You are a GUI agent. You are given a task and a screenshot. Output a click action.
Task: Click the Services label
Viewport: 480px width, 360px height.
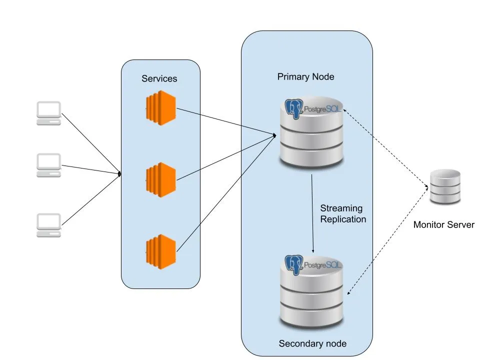pyautogui.click(x=159, y=78)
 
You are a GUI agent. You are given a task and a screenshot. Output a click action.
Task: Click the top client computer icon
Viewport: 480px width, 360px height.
pyautogui.click(x=48, y=113)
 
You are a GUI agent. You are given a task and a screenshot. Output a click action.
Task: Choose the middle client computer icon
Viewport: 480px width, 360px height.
pyautogui.click(x=48, y=165)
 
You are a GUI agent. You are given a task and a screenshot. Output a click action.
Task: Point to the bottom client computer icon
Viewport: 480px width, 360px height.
pyautogui.click(x=48, y=225)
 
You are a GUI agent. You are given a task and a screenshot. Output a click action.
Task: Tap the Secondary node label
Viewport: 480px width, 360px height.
pyautogui.click(x=312, y=343)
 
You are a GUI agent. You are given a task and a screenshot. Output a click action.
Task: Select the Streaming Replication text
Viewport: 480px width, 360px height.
pyautogui.click(x=343, y=213)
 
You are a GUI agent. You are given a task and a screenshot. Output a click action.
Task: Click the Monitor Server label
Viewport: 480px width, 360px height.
pyautogui.click(x=443, y=224)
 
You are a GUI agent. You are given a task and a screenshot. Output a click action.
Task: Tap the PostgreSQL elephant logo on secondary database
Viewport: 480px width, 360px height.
pyautogui.click(x=294, y=264)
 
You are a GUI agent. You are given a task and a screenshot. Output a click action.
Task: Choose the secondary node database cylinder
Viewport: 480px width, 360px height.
pyautogui.click(x=312, y=295)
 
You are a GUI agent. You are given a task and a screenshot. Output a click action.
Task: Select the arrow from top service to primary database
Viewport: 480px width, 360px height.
pyautogui.click(x=225, y=121)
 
